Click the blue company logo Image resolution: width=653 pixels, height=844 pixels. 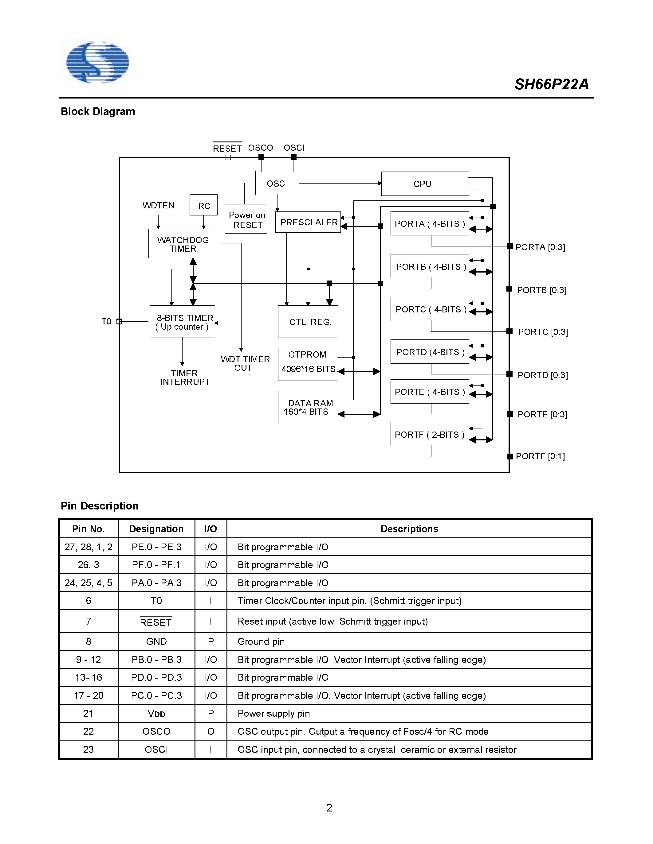pos(97,63)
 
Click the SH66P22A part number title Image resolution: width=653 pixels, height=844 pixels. pos(551,84)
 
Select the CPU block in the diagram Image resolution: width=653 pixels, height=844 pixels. pos(425,184)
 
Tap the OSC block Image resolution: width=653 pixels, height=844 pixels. pos(277,183)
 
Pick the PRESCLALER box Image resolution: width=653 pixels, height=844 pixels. pos(308,222)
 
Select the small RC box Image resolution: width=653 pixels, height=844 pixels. pos(203,206)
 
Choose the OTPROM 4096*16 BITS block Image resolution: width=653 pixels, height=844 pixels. pos(308,364)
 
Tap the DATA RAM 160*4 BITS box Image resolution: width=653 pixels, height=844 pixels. pos(308,407)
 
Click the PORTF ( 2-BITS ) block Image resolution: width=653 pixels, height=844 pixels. pos(429,434)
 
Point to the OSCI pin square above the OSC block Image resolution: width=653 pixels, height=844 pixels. pos(293,157)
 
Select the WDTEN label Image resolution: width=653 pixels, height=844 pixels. pos(158,206)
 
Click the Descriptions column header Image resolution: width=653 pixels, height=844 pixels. pos(409,529)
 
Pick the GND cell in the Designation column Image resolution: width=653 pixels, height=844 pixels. pos(156,641)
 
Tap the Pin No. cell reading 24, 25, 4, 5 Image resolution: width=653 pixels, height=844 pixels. pos(88,583)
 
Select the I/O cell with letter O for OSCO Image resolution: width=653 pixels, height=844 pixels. pos(210,732)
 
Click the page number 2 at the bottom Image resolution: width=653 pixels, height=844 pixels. pos(329,808)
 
